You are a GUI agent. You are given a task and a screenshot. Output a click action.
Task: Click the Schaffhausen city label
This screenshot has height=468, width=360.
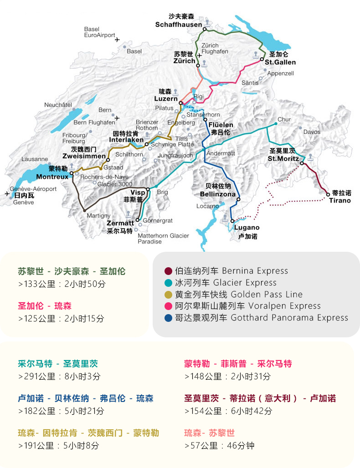[x=178, y=24]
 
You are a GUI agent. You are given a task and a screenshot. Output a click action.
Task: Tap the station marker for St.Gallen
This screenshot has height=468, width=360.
[x=262, y=59]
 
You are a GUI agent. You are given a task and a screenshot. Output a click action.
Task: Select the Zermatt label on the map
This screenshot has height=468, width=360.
[x=120, y=223]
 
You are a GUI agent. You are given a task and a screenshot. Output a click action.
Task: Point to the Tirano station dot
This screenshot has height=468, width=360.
[x=328, y=194]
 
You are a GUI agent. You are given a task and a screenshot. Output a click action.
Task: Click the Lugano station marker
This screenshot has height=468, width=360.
[x=232, y=221]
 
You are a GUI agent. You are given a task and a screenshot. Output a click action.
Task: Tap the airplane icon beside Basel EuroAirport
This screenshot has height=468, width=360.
[x=118, y=40]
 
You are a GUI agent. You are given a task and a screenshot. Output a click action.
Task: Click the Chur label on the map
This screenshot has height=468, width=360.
[x=284, y=120]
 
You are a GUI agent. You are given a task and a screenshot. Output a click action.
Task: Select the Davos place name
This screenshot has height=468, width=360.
[x=312, y=132]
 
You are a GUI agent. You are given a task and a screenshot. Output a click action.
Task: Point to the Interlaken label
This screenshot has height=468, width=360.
[x=126, y=140]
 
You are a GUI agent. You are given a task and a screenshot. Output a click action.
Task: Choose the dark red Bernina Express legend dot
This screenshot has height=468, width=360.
[x=168, y=271]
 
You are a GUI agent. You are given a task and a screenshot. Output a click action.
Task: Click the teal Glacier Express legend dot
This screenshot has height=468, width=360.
[x=168, y=283]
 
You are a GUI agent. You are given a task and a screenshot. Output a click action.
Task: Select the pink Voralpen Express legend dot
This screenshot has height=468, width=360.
[x=168, y=306]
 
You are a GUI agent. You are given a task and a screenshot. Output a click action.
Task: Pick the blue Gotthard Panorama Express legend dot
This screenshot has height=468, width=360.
[x=168, y=318]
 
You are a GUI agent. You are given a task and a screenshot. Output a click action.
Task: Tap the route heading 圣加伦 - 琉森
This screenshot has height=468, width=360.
[x=45, y=305]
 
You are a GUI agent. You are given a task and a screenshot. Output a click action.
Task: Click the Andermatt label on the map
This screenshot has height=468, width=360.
[x=221, y=153]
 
